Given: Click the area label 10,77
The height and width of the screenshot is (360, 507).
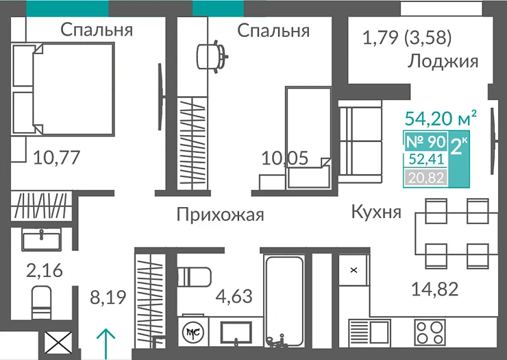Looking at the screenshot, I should point(57,158).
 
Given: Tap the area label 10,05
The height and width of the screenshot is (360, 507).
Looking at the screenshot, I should point(285,158).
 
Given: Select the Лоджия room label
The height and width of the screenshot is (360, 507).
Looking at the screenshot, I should point(442,62).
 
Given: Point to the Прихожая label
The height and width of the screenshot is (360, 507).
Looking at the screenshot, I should point(220,215).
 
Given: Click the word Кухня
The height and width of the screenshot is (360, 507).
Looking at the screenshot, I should point(375,211).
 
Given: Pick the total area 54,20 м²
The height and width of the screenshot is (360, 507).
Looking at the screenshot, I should point(441,118).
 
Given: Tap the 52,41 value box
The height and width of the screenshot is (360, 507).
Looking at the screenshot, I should point(426,160).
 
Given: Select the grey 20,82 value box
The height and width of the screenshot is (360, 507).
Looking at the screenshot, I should point(425,178).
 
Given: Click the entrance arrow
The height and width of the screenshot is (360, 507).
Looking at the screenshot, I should point(105,344).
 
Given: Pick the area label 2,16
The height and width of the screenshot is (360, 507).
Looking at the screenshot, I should point(44,270).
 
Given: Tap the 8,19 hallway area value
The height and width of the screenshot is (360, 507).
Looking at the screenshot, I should point(108,298).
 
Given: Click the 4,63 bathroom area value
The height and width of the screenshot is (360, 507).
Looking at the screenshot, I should point(234,297).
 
